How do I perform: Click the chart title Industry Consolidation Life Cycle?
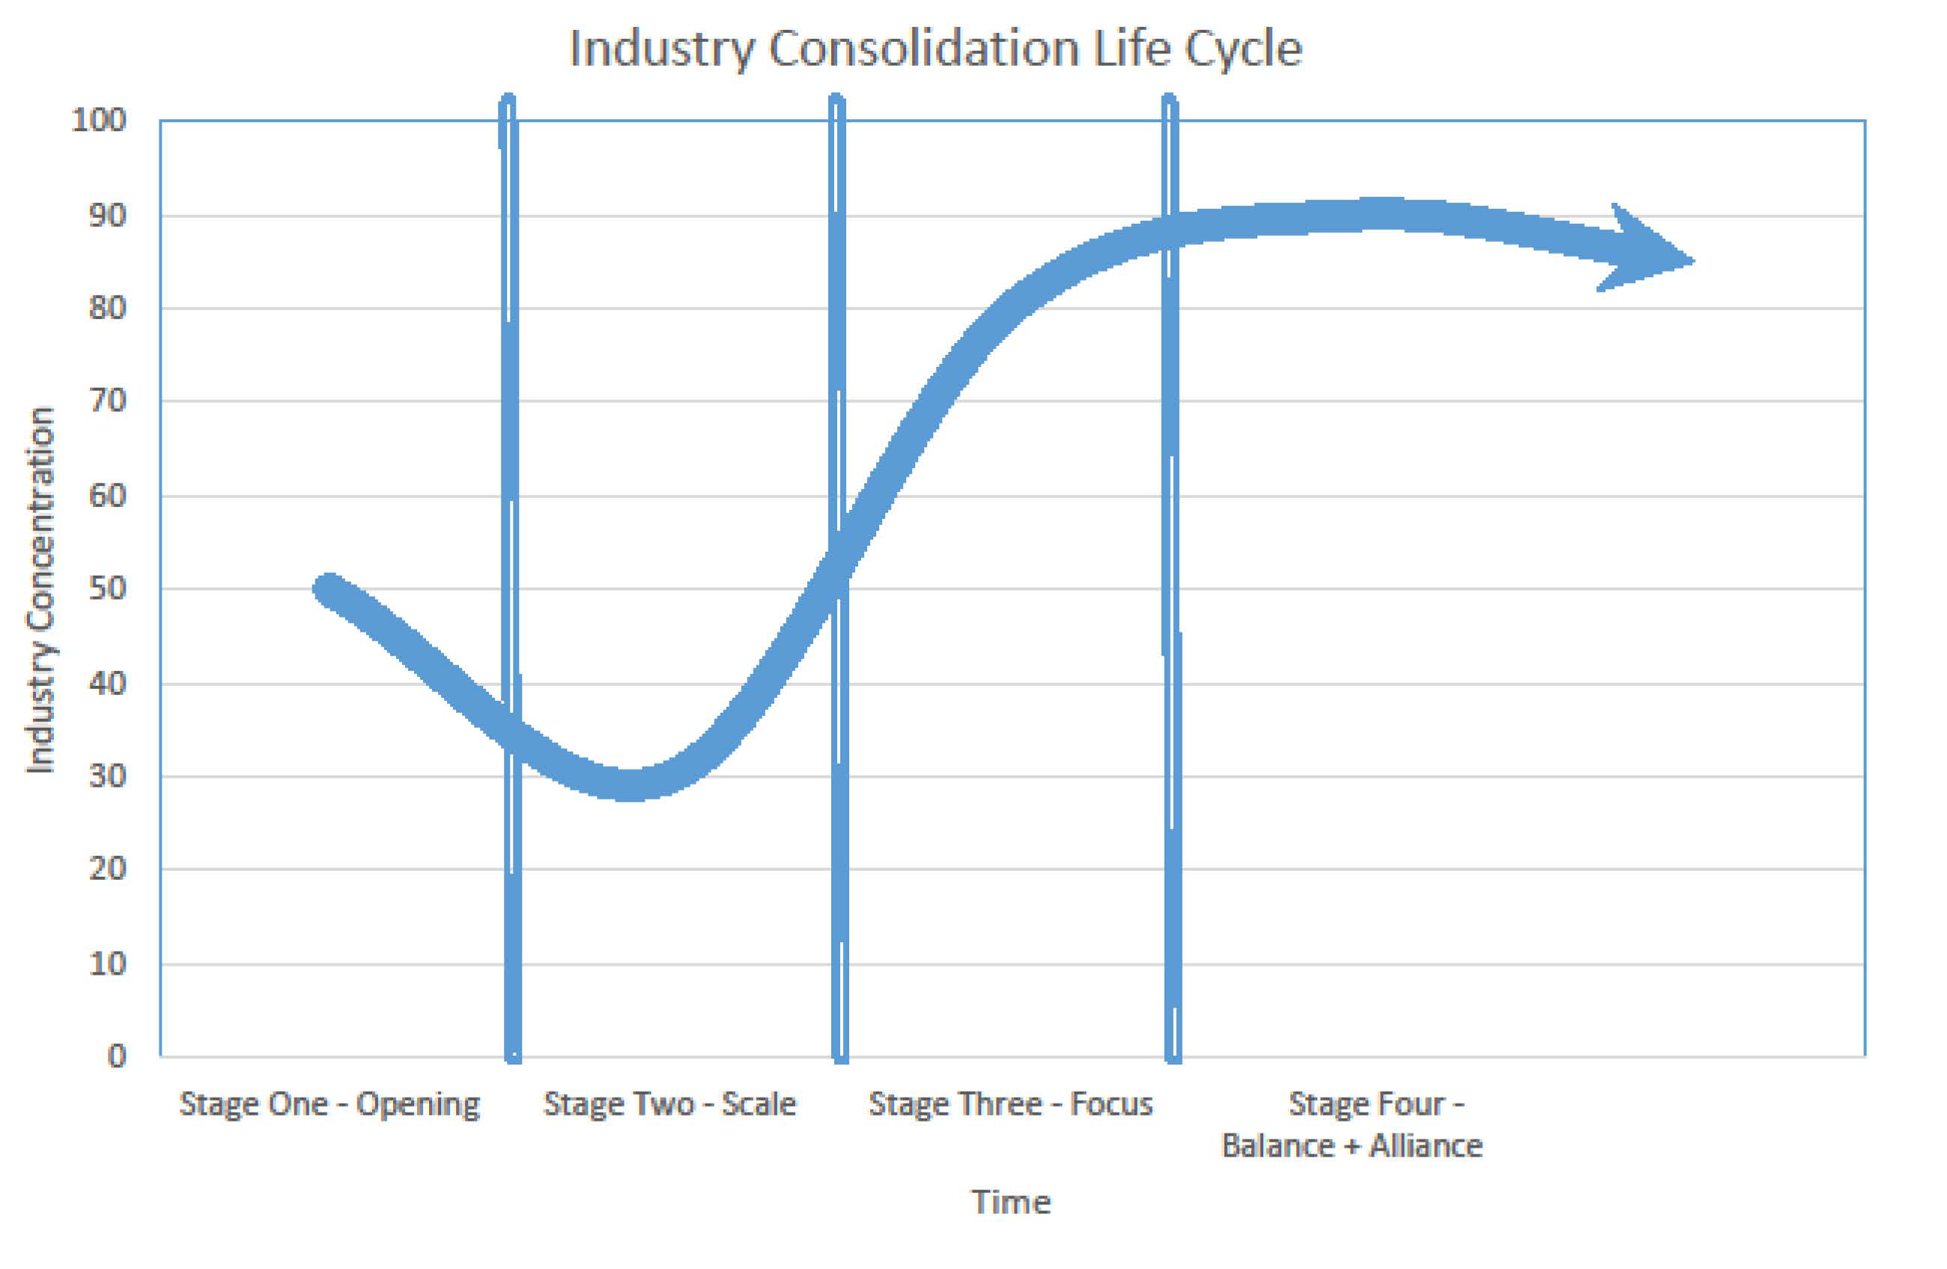[x=935, y=49]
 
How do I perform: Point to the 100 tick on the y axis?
[x=99, y=121]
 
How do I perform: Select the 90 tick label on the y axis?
[x=107, y=216]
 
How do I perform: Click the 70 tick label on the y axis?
[x=107, y=401]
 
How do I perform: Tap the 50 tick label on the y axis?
[x=107, y=588]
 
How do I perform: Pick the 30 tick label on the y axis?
[x=107, y=775]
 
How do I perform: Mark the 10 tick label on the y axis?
[x=107, y=964]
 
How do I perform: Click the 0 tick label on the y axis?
[x=117, y=1056]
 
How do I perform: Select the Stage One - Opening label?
[x=329, y=1104]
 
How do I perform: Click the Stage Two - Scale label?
[x=669, y=1104]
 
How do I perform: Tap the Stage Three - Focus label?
[x=1010, y=1104]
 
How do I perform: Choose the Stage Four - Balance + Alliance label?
[x=1352, y=1125]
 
